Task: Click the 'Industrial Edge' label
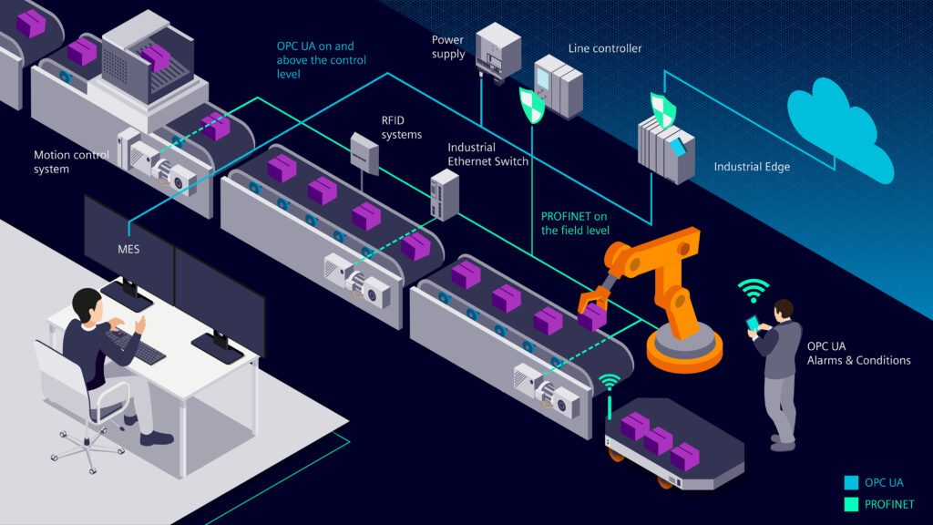point(752,168)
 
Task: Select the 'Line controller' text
point(605,48)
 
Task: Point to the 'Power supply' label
point(448,47)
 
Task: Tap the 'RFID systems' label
point(402,128)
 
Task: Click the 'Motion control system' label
point(71,162)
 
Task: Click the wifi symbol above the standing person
point(753,291)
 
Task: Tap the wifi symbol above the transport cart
point(610,382)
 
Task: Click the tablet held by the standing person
point(753,324)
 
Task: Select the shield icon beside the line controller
point(531,105)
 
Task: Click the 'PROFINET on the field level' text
point(575,223)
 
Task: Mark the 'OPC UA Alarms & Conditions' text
point(858,354)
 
